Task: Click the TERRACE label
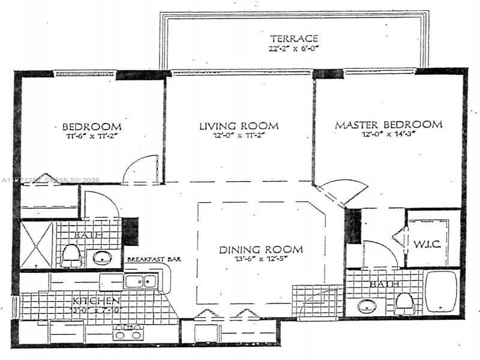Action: pyautogui.click(x=293, y=38)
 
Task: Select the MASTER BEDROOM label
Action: pyautogui.click(x=388, y=125)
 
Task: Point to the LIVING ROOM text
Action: pyautogui.click(x=239, y=126)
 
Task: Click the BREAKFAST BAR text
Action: pyautogui.click(x=154, y=260)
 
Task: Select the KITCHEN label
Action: pyautogui.click(x=96, y=300)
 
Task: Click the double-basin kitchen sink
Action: pyautogui.click(x=142, y=281)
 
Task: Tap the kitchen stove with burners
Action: pyautogui.click(x=127, y=332)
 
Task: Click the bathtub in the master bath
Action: pyautogui.click(x=441, y=292)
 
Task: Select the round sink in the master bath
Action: pyautogui.click(x=367, y=306)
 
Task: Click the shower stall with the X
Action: pyautogui.click(x=37, y=244)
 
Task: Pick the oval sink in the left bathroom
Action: pyautogui.click(x=102, y=258)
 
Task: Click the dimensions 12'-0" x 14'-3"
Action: pyautogui.click(x=388, y=136)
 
